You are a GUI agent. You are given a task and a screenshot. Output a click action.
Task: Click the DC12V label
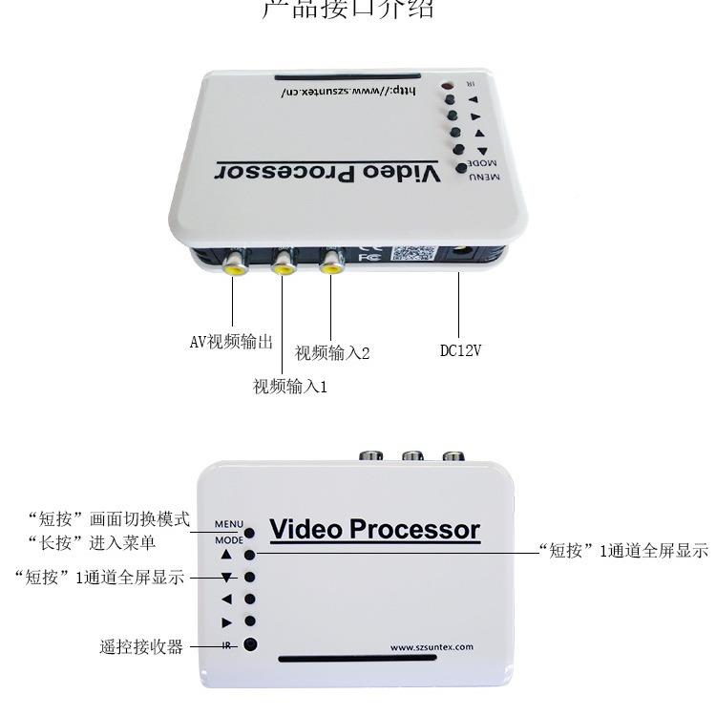click(460, 350)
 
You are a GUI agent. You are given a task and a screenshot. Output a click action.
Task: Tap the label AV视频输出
click(231, 342)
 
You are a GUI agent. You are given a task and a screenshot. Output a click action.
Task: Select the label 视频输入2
click(332, 353)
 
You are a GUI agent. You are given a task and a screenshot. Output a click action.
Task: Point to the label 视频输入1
click(290, 387)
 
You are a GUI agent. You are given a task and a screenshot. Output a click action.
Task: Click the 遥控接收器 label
click(141, 646)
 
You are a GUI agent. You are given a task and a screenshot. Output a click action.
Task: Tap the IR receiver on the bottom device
click(250, 644)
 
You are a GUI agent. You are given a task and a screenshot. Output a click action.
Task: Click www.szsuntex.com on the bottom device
click(432, 646)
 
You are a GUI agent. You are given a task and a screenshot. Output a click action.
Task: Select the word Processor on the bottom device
click(414, 529)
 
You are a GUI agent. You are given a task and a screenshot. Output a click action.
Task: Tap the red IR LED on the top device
click(445, 88)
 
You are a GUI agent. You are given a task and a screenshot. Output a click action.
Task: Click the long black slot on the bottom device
click(376, 659)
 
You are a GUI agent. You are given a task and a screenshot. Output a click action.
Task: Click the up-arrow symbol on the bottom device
click(226, 554)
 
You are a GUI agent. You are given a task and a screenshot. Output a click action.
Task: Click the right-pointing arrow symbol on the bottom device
click(226, 622)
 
